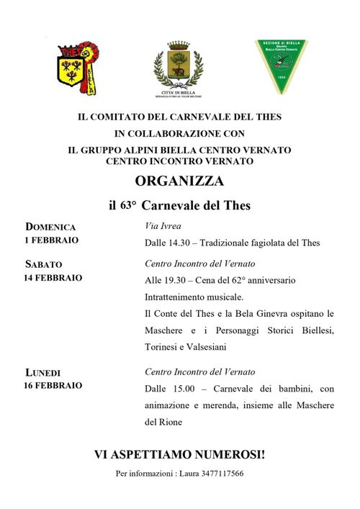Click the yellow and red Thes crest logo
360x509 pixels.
coord(78,68)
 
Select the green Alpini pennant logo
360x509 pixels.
coord(280,67)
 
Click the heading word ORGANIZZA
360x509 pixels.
coord(179,181)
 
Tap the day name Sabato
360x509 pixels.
coord(44,264)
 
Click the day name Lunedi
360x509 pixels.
coord(43,372)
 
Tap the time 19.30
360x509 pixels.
coord(181,280)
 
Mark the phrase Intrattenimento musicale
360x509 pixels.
coord(194,297)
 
